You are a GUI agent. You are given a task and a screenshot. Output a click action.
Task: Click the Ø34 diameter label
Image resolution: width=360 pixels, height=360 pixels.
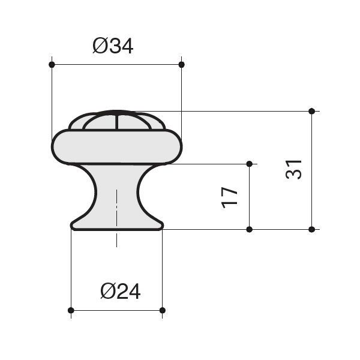pyautogui.click(x=113, y=46)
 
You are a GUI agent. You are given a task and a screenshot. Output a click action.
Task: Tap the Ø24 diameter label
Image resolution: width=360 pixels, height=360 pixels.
pyautogui.click(x=121, y=291)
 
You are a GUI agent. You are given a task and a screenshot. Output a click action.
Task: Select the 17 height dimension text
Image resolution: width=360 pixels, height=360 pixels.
pyautogui.click(x=229, y=197)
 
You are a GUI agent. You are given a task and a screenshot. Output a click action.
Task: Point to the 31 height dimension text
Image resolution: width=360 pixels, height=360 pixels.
pyautogui.click(x=293, y=169)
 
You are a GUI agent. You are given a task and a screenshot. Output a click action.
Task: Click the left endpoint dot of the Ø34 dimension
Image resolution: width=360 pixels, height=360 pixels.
pyautogui.click(x=52, y=65)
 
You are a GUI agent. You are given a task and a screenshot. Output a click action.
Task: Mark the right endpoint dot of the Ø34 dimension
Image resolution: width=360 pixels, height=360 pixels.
pyautogui.click(x=181, y=65)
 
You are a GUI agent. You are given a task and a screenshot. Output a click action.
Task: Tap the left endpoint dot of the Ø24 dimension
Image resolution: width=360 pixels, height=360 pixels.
pyautogui.click(x=71, y=310)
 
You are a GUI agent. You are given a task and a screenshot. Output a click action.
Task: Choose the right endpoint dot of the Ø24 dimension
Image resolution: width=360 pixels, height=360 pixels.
pyautogui.click(x=163, y=310)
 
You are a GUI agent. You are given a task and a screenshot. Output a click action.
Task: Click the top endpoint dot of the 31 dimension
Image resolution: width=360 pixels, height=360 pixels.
pyautogui.click(x=311, y=111)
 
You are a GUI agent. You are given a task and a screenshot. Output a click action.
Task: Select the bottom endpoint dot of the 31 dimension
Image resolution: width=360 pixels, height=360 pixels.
pyautogui.click(x=311, y=229)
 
